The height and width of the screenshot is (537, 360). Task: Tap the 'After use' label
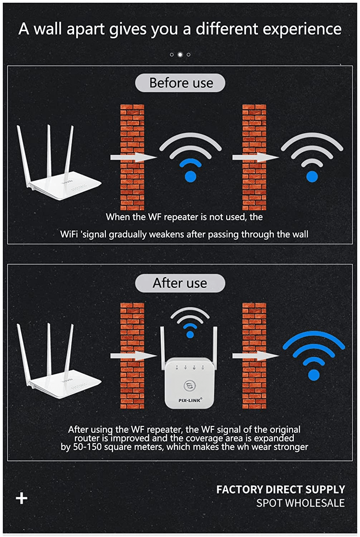pyautogui.click(x=180, y=283)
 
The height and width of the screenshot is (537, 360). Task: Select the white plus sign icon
pyautogui.click(x=22, y=498)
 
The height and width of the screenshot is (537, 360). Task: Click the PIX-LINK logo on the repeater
pyautogui.click(x=190, y=400)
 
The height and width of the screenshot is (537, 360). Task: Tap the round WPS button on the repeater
pyautogui.click(x=189, y=386)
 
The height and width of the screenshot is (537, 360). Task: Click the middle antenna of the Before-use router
pyautogui.click(x=49, y=150)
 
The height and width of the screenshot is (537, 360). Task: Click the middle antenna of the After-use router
pyautogui.click(x=49, y=349)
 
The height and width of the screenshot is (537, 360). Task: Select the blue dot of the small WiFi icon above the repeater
pyautogui.click(x=190, y=335)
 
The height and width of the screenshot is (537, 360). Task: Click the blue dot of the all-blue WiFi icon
pyautogui.click(x=314, y=375)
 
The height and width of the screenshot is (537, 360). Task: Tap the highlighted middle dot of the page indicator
pyautogui.click(x=180, y=54)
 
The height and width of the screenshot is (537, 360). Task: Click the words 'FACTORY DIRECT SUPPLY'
pyautogui.click(x=281, y=489)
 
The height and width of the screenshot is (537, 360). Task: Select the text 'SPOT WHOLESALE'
pyautogui.click(x=300, y=503)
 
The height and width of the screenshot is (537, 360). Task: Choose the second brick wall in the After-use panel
pyautogui.click(x=254, y=355)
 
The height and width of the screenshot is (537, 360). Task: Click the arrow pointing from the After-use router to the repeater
pyautogui.click(x=133, y=355)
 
